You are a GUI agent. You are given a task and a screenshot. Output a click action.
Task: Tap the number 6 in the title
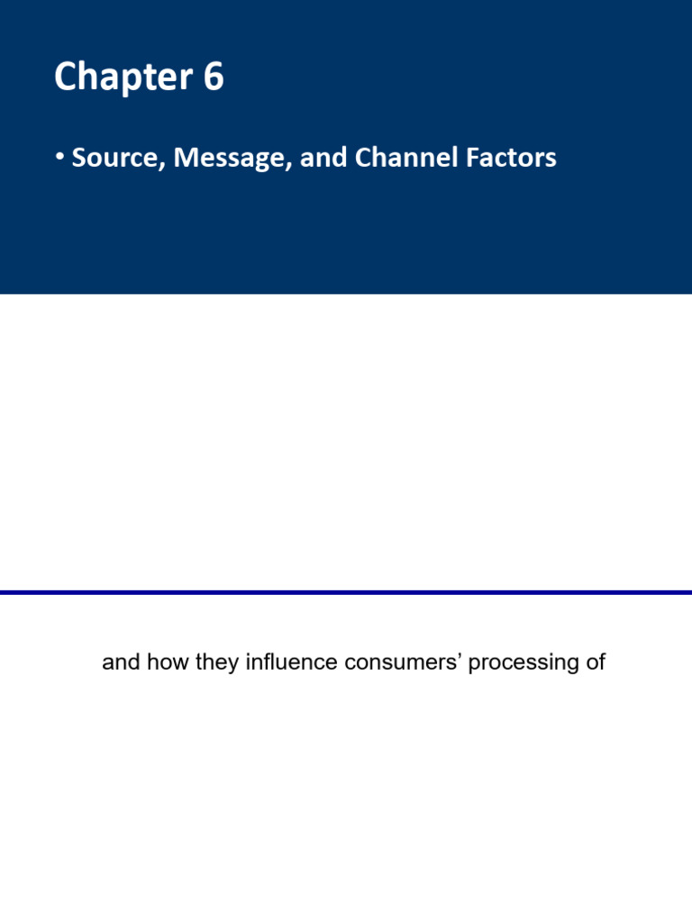[x=213, y=78]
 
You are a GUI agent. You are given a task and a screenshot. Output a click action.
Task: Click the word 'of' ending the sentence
[x=595, y=663]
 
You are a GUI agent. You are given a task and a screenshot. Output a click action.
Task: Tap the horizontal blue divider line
[x=346, y=592]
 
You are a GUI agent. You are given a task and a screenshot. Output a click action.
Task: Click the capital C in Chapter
[x=65, y=78]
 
